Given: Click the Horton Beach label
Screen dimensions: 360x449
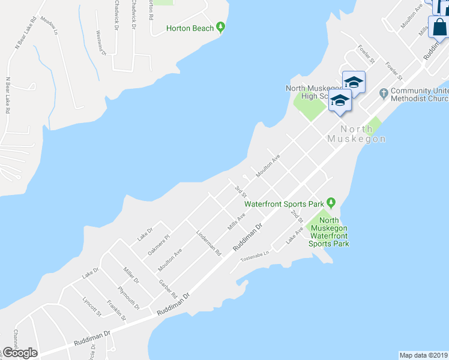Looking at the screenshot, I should pos(190,28).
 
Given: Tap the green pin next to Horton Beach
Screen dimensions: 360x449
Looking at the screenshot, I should pos(221,26).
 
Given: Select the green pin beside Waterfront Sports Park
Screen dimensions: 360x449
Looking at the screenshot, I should pos(330,202).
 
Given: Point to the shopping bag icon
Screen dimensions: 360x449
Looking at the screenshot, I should pos(439,28).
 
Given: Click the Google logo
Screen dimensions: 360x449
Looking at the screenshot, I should pos(19,353).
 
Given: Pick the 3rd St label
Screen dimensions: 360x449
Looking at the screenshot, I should pos(241,191).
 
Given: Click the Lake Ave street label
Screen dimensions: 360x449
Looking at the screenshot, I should pos(295,235).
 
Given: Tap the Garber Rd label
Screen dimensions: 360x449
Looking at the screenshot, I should pos(168,289).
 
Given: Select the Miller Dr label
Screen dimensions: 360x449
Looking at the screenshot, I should pos(131,275).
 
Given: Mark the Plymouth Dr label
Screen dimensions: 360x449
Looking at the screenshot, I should pos(128,298).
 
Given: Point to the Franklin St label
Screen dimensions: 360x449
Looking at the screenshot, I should pos(116,310).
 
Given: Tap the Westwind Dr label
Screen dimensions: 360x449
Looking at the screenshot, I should pos(100,43).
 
